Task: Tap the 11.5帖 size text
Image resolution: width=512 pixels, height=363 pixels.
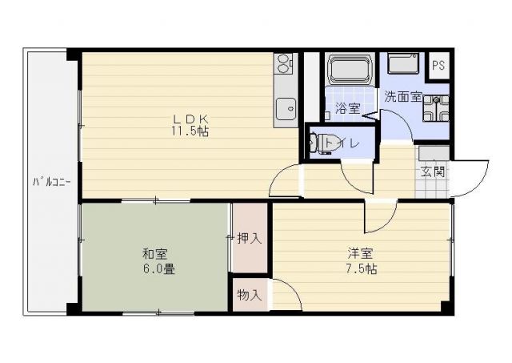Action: (189, 131)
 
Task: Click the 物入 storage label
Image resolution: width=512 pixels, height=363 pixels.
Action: (250, 295)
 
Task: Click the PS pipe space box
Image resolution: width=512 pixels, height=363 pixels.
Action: (438, 67)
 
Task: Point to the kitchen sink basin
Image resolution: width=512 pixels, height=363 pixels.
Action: (284, 107)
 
